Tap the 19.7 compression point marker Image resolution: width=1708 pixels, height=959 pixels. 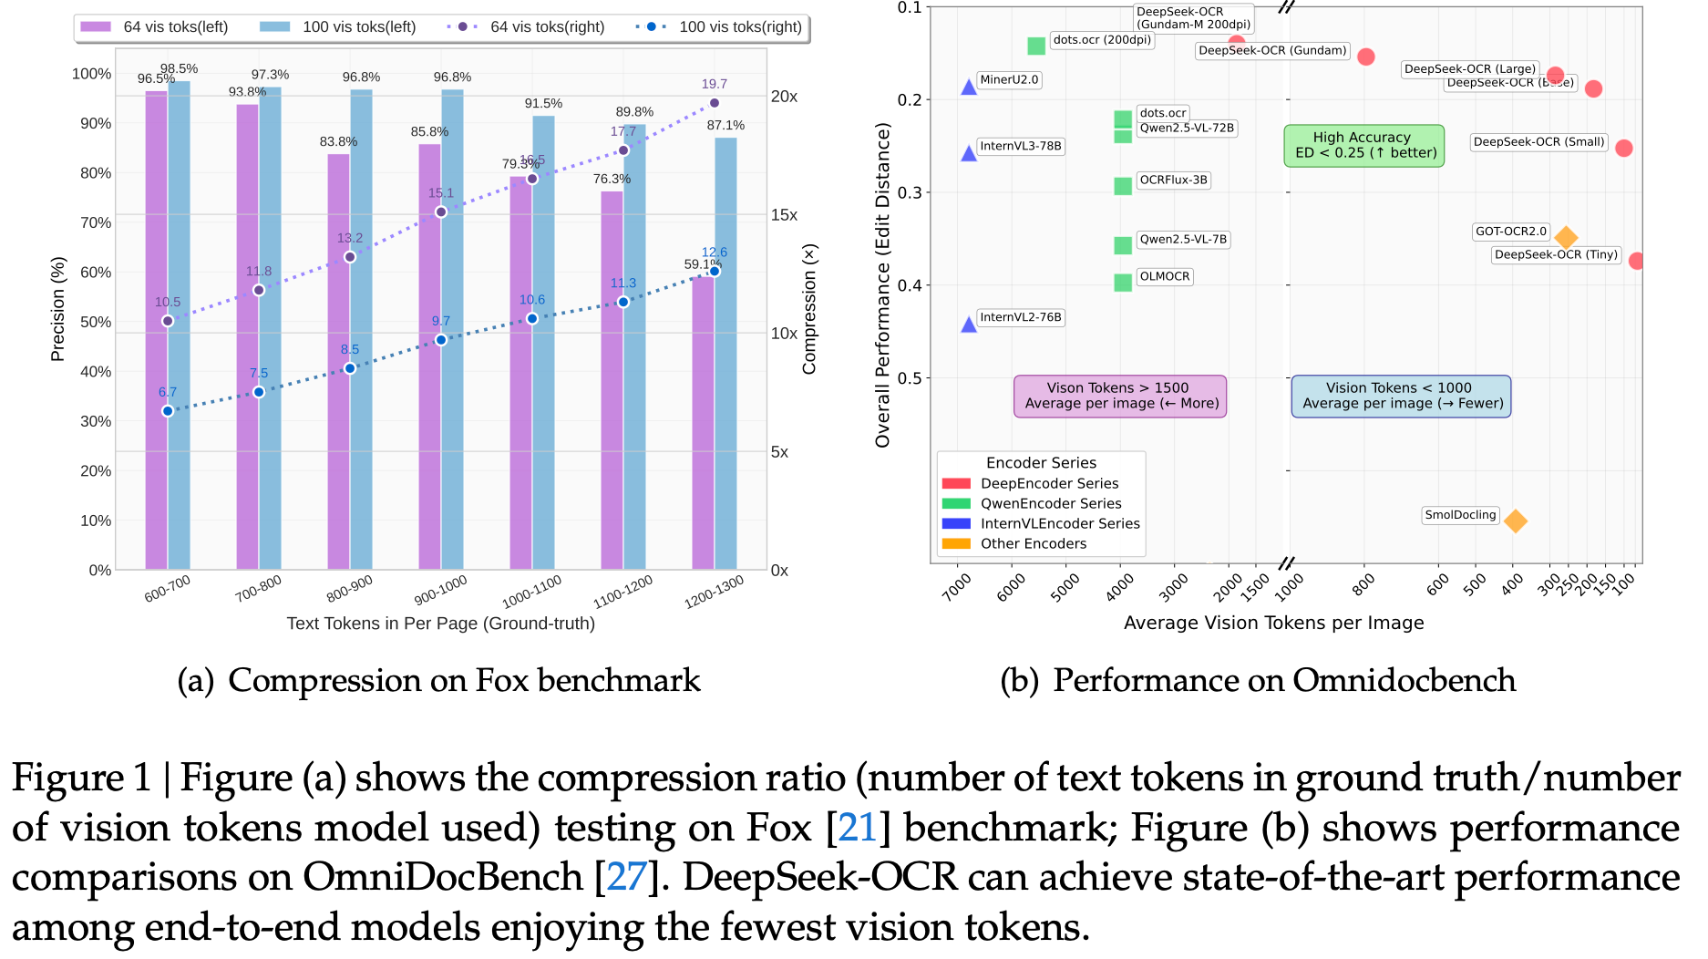[x=715, y=103]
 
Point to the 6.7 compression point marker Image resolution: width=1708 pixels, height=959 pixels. [x=168, y=411]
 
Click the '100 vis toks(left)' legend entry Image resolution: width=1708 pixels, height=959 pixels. [x=338, y=26]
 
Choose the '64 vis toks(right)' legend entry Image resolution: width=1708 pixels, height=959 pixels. [x=526, y=26]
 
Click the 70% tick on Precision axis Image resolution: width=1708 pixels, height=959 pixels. [x=96, y=222]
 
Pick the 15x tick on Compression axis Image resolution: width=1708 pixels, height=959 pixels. [x=784, y=215]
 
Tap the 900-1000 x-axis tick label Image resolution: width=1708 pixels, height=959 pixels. [x=440, y=590]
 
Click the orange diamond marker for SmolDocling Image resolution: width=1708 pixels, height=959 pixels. [x=1516, y=521]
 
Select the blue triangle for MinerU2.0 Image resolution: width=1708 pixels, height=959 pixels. [x=969, y=88]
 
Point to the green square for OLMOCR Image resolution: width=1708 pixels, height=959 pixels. [x=1123, y=283]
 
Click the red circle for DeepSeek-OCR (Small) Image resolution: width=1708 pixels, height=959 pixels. [x=1624, y=148]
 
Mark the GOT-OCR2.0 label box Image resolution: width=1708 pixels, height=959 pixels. [x=1511, y=232]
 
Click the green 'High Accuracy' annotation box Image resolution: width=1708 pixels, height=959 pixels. [x=1364, y=145]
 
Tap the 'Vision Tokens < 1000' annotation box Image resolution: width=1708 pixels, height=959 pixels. [x=1401, y=396]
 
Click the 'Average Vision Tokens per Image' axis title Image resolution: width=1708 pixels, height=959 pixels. [x=1273, y=623]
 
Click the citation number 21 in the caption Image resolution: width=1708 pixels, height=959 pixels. [x=857, y=828]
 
